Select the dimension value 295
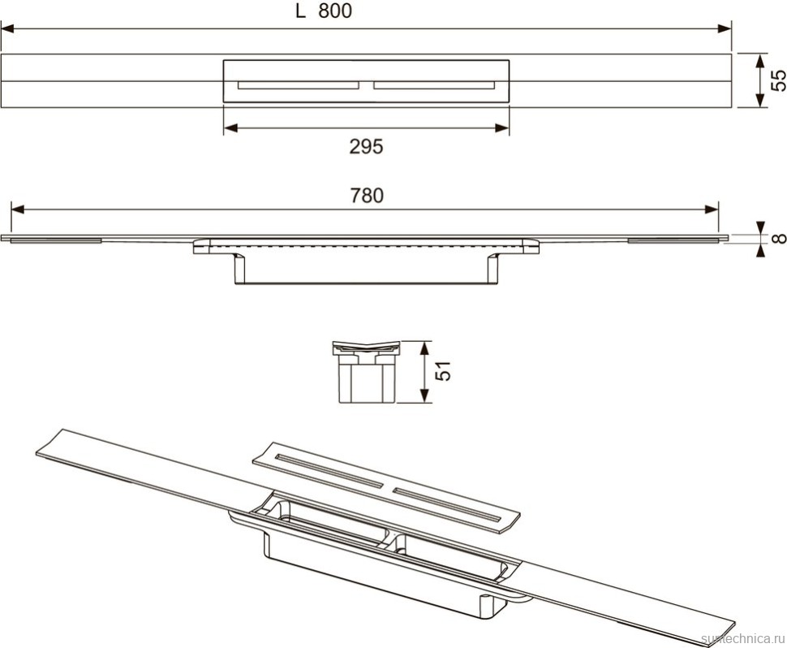(x=366, y=146)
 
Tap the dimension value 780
(x=366, y=195)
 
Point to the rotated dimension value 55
(x=776, y=80)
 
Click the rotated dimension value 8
(x=777, y=238)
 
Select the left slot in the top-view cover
(x=298, y=84)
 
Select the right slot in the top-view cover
(x=433, y=84)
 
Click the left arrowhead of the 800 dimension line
(x=6, y=29)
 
